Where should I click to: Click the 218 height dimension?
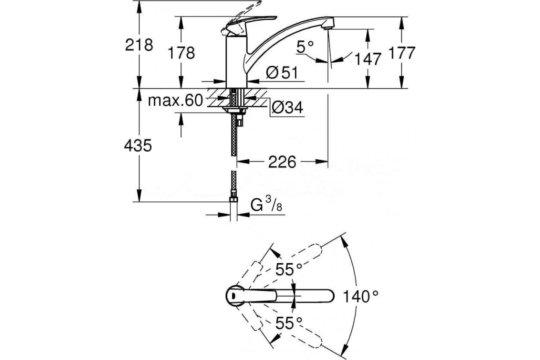click(140, 45)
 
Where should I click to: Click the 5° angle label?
click(304, 46)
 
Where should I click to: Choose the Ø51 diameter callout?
click(282, 73)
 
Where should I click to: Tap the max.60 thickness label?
click(176, 101)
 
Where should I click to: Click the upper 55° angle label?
click(288, 270)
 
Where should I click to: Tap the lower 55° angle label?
click(288, 323)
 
